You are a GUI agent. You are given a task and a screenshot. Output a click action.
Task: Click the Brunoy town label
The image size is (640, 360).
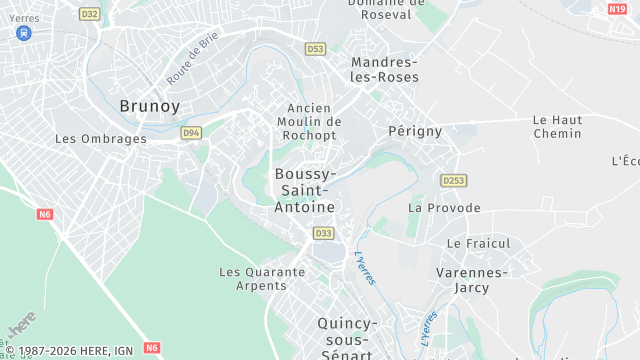click(150, 105)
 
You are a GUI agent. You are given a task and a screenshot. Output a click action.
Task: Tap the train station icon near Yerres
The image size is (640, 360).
click(23, 32)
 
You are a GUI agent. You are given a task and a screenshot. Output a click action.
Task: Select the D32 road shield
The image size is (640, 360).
click(89, 14)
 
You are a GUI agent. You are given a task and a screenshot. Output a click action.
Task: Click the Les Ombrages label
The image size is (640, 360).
click(100, 139)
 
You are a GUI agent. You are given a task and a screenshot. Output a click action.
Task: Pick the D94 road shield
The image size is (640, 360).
click(191, 132)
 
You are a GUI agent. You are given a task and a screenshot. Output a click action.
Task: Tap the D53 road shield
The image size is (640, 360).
click(316, 48)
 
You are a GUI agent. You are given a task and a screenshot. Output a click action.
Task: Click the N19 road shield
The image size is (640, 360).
click(617, 9)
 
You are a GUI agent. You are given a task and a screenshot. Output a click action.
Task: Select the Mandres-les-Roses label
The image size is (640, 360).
click(385, 69)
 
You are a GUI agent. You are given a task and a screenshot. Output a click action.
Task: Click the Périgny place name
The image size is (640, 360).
click(415, 131)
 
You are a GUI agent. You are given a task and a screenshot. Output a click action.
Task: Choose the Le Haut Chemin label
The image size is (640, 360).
click(557, 126)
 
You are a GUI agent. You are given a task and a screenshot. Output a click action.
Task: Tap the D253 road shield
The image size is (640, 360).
click(454, 180)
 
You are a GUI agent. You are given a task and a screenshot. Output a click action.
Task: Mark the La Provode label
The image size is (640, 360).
click(444, 208)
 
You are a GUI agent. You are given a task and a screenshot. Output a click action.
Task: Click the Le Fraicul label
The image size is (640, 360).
click(478, 243)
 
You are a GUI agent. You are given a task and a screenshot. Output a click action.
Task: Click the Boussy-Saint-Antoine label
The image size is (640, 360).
click(305, 189)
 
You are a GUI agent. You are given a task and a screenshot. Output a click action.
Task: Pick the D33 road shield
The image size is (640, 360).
click(323, 233)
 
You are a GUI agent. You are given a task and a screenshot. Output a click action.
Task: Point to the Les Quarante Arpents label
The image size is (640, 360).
click(262, 278)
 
